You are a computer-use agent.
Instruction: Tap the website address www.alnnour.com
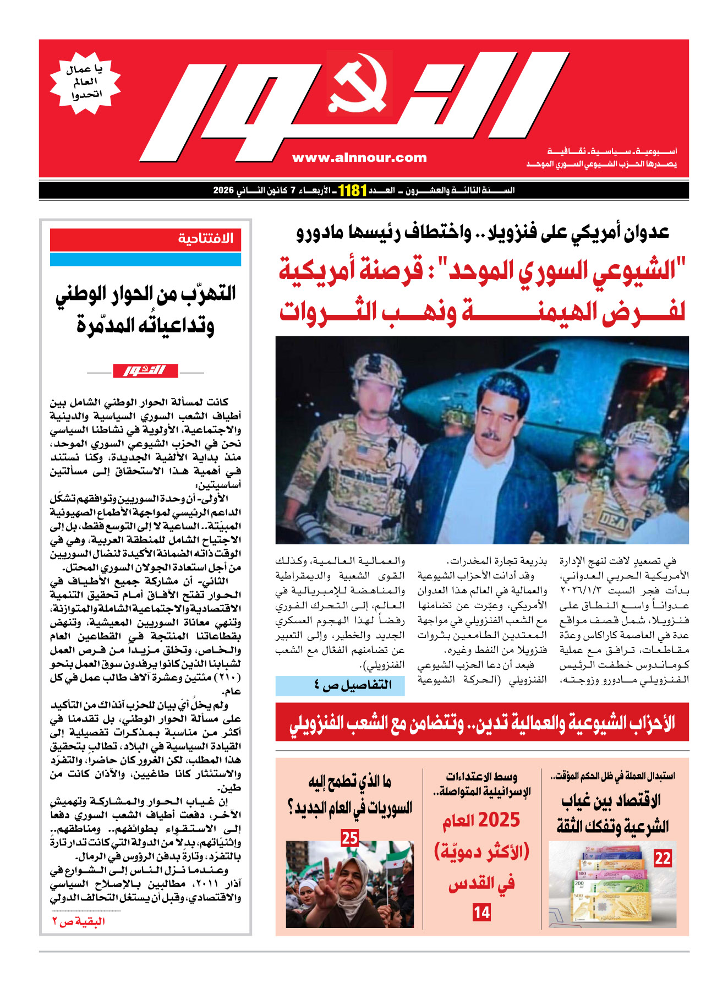pos(359,158)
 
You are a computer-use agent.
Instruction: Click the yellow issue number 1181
pos(352,190)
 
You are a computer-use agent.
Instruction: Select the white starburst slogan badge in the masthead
pos(85,83)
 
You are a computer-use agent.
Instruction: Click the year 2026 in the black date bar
pos(224,190)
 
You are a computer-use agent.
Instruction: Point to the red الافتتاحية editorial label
pos(205,239)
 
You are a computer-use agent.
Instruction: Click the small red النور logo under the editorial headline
pos(145,370)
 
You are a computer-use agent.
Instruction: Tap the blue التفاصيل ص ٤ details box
pos(340,685)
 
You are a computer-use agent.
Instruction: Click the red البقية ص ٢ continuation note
pos(79,921)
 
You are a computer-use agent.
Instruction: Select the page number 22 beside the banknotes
pos(663,858)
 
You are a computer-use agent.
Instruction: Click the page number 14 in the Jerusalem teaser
pos(481,912)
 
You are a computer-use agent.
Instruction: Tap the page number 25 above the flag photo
pos(350,838)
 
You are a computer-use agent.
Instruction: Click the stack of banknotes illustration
pos(614,885)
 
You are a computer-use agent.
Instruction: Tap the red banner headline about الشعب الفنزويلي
pos(482,722)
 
